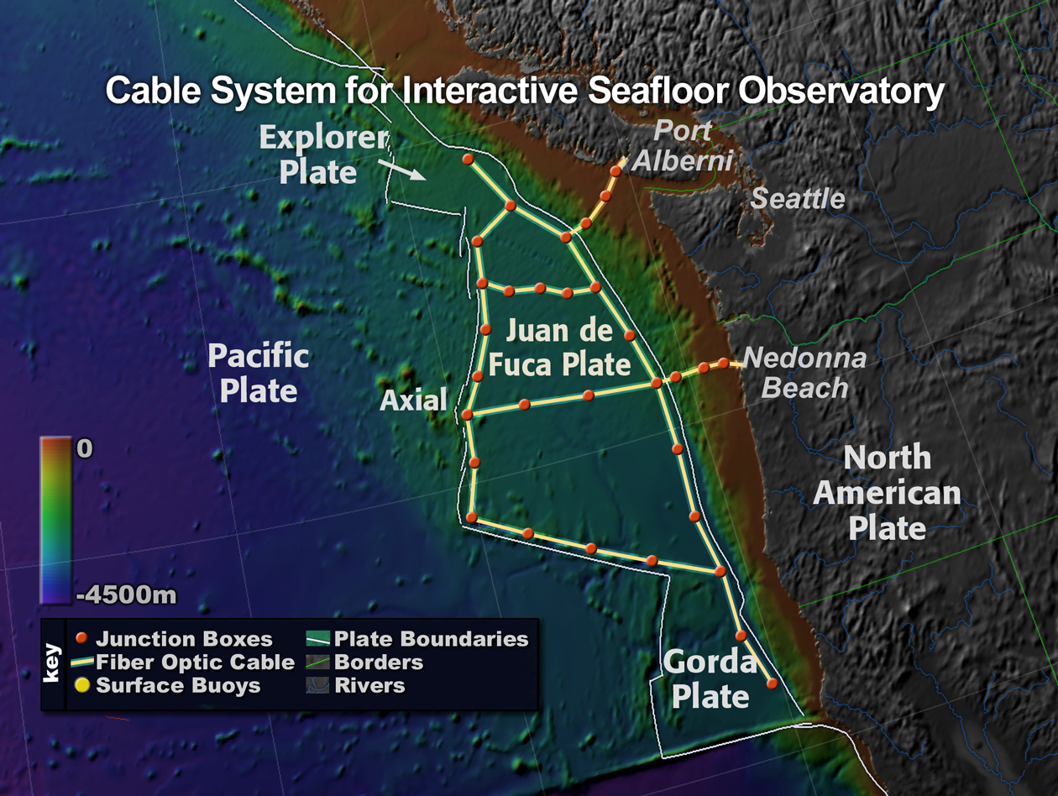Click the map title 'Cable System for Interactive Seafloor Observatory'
(x=525, y=91)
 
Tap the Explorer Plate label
(x=323, y=154)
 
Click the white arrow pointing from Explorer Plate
(x=401, y=170)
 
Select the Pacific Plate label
(x=259, y=372)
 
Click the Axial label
(x=414, y=400)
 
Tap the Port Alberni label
(x=682, y=145)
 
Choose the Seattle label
(x=798, y=198)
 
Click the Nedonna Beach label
(x=804, y=373)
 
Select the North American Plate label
(x=887, y=492)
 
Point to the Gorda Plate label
(x=710, y=679)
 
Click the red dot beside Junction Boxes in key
(x=81, y=638)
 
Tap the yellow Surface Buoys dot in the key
(x=82, y=685)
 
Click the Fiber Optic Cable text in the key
(x=195, y=662)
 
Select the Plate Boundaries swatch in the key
(x=317, y=638)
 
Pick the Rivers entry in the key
(x=356, y=685)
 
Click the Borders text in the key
(x=379, y=662)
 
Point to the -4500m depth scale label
(x=126, y=595)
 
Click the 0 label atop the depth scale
(x=84, y=448)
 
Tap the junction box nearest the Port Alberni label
(x=615, y=171)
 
